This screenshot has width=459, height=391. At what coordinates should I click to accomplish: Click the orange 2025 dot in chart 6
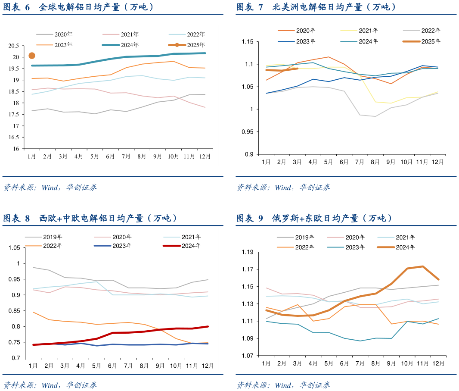(31, 56)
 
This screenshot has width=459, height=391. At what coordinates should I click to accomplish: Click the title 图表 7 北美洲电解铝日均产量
(316, 7)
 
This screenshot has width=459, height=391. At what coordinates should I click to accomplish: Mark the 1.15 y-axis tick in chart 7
(248, 42)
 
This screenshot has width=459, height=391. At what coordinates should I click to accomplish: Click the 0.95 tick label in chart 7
(248, 132)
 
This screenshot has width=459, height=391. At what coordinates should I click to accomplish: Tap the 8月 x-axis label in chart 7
(375, 162)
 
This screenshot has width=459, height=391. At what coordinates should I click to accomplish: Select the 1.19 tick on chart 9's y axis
(248, 252)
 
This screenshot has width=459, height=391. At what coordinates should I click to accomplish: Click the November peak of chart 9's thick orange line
(423, 266)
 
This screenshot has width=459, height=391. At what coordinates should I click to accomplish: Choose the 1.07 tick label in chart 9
(248, 356)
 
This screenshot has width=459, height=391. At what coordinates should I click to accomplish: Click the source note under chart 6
(50, 188)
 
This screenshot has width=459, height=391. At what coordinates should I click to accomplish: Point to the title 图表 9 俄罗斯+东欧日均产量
(314, 219)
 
